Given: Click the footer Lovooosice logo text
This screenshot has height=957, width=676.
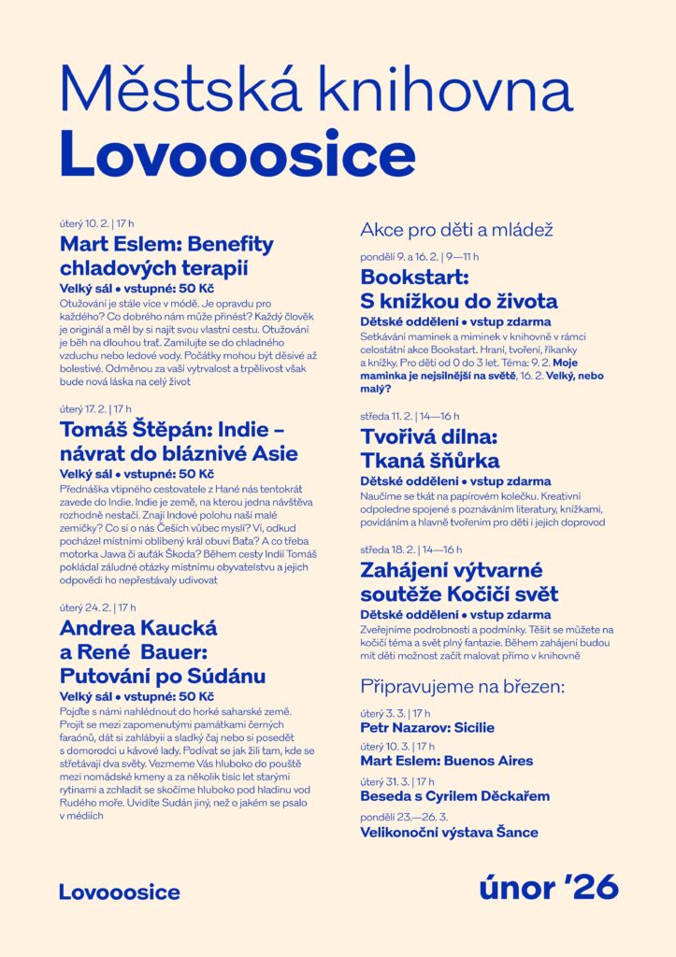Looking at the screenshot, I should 120,893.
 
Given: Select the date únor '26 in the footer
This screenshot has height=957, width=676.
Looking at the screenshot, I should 549,888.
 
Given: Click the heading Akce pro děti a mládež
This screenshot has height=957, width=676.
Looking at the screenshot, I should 457,229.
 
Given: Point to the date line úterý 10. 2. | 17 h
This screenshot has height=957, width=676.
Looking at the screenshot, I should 96,224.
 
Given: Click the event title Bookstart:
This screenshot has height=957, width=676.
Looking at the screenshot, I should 414,278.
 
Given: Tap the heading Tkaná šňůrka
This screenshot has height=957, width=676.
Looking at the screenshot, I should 430,460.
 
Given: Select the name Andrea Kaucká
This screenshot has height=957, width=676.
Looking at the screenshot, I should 138,628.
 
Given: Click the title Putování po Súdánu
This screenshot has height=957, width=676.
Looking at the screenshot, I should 163,675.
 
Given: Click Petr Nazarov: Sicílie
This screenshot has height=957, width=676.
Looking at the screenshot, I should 427,727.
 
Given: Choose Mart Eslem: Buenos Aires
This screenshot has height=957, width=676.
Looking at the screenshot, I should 447,761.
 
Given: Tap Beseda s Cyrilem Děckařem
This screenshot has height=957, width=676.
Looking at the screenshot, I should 454,796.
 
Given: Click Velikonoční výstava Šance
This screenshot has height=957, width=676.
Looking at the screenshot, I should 449,832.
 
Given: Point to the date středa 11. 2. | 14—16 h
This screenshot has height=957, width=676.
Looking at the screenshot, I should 410,416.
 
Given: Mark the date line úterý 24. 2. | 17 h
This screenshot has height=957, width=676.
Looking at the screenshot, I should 97,607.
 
